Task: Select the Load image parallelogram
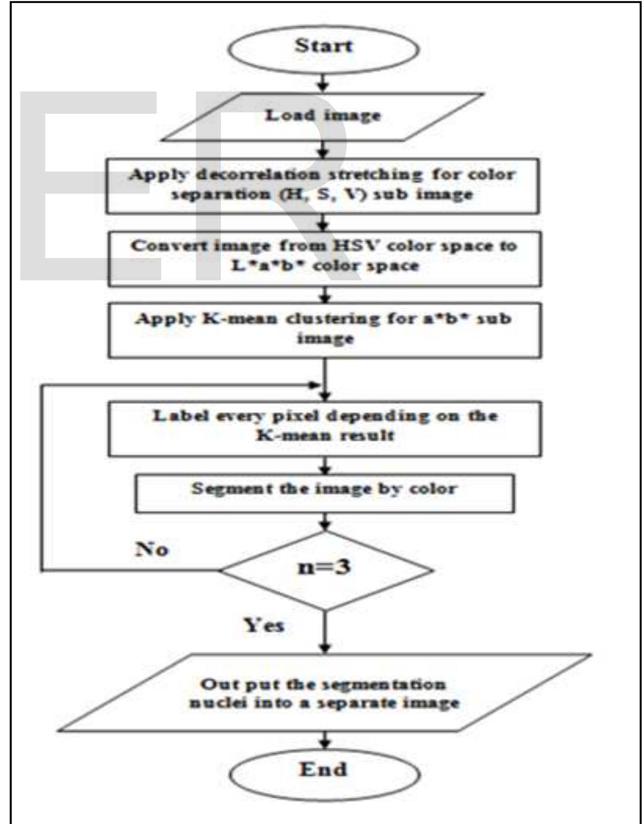pos(323,116)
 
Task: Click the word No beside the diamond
pos(152,550)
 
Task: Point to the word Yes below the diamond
pos(264,626)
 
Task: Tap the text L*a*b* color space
pos(325,266)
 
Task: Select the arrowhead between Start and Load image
pos(323,85)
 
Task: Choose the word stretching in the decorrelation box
pos(375,175)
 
